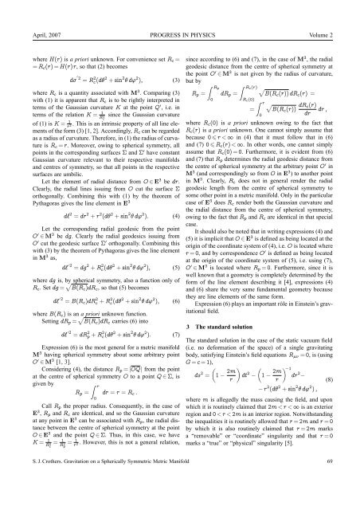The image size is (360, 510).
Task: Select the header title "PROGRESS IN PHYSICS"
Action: click(180, 12)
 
